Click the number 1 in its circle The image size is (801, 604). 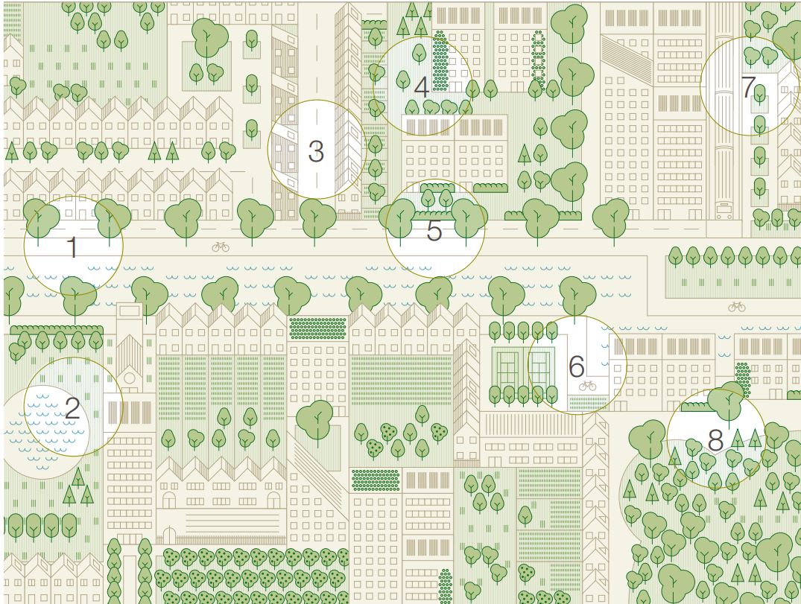coord(72,247)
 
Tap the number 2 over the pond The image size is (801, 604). coord(72,408)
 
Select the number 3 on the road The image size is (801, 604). coord(316,152)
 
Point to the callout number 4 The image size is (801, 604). coord(422,87)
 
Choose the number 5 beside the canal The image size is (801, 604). coord(434,231)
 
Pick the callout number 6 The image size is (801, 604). coord(576,366)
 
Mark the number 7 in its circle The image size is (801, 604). coord(748,87)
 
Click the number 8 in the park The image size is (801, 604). coord(715,440)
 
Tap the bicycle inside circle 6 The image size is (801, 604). coord(587,385)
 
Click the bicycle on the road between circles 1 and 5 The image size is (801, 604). coord(221,247)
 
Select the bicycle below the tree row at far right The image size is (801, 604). coord(737,305)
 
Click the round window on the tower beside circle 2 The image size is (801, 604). coord(130,378)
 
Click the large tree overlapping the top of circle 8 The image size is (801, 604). coord(724,402)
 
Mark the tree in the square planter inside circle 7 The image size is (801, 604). coord(759,95)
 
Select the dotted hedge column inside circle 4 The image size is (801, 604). coord(440,60)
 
